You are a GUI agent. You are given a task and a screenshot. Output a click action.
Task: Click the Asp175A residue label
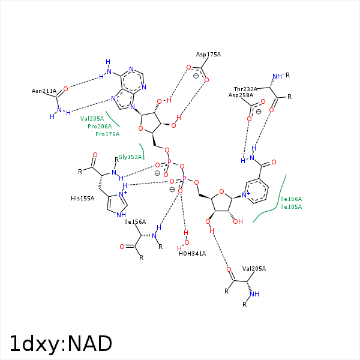click(208, 55)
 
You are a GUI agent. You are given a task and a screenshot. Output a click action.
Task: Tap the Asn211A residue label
click(44, 91)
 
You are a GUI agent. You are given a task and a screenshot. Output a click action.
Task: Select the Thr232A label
click(245, 88)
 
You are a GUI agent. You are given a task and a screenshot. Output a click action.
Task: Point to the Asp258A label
click(241, 95)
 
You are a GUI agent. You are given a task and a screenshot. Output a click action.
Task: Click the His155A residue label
click(82, 198)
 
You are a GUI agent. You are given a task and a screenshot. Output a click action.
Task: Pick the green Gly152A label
click(130, 157)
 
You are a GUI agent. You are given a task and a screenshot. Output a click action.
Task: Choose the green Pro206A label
click(100, 127)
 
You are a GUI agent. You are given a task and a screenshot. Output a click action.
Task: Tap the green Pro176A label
click(107, 134)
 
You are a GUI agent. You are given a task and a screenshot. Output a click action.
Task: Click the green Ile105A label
click(291, 207)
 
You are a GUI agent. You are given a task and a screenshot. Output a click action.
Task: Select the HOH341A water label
click(192, 253)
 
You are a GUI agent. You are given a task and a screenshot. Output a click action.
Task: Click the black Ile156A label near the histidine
click(135, 222)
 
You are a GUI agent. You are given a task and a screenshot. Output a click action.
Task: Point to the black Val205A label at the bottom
click(254, 269)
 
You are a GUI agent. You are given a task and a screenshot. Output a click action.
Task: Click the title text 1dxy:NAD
click(61, 344)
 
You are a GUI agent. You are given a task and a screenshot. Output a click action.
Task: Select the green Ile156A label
click(291, 199)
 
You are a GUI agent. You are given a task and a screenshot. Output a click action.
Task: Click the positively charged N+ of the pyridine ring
click(246, 194)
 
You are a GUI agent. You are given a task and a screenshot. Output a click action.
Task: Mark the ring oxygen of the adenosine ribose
click(140, 128)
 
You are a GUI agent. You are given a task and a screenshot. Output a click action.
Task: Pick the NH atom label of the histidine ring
click(121, 215)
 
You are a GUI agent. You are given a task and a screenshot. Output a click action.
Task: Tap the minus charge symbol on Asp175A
click(196, 76)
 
